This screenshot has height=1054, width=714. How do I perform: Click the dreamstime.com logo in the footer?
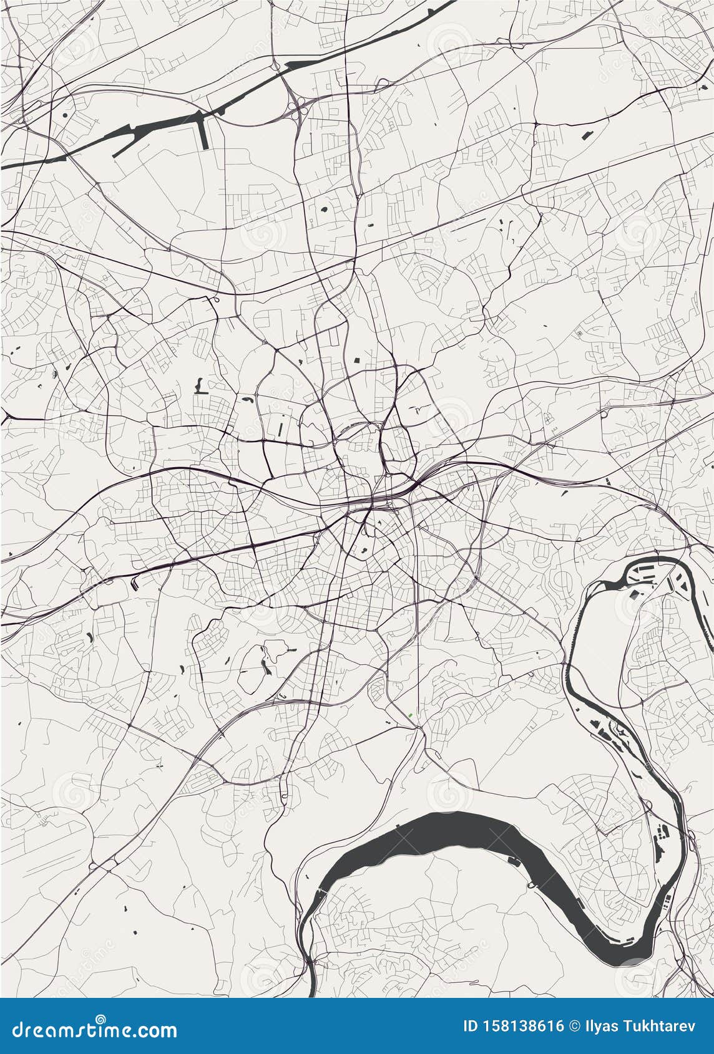(91, 1029)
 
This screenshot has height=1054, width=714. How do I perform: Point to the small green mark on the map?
(411, 715)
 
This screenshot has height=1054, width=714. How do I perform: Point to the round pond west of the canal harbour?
(65, 115)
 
